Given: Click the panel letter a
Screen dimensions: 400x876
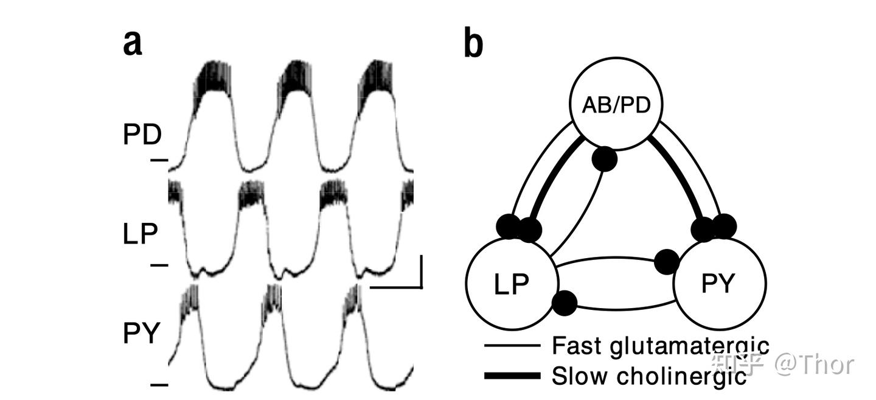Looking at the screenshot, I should tap(133, 43).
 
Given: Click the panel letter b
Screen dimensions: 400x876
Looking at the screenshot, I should tap(473, 44).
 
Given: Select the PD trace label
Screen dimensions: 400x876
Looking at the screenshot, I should tap(142, 135).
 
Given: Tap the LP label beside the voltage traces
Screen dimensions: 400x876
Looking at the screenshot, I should tap(140, 234).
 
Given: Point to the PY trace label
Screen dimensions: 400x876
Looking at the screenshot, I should tap(141, 334).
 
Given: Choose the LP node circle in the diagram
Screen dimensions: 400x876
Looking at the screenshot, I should tap(512, 283).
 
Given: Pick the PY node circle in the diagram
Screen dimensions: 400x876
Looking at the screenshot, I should tap(719, 283).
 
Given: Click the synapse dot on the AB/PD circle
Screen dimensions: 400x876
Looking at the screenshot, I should tap(604, 160).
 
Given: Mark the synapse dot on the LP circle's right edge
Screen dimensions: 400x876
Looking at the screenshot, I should tap(565, 303).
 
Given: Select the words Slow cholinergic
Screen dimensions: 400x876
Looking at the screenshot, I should tap(648, 376).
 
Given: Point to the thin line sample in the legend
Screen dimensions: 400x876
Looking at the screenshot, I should tap(512, 346).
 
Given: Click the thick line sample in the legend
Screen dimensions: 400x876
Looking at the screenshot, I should tap(512, 376).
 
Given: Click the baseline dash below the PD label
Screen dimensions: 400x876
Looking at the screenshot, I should tap(159, 160).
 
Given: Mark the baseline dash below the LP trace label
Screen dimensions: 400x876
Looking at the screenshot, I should tap(159, 265).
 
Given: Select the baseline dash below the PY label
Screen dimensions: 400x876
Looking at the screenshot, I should tap(159, 384).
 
